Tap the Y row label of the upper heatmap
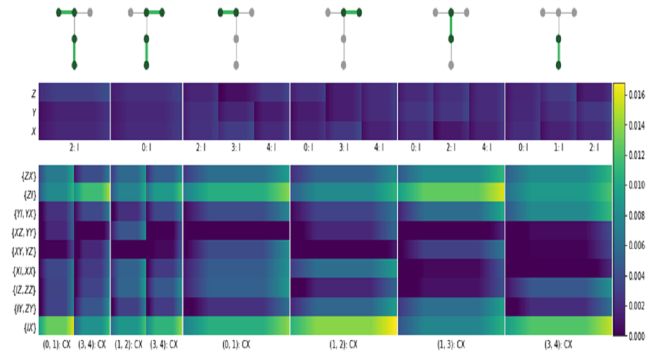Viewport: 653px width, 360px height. pyautogui.click(x=34, y=112)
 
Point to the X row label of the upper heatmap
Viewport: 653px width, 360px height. pyautogui.click(x=34, y=130)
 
